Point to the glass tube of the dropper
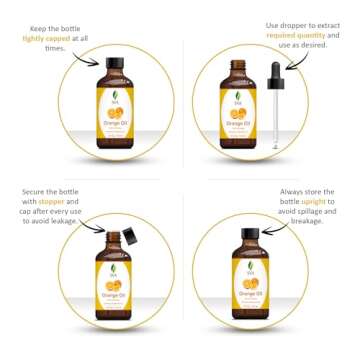pyautogui.click(x=275, y=125)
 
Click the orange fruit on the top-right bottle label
pyautogui.click(x=239, y=115)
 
